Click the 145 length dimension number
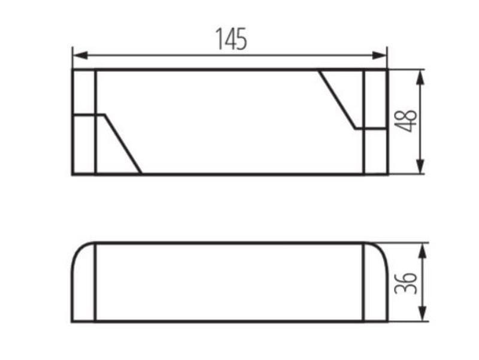231,39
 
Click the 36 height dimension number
405,283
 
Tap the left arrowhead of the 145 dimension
81,56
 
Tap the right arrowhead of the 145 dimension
379,56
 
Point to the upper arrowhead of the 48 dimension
421,78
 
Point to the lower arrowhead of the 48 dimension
421,167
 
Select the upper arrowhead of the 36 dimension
422,251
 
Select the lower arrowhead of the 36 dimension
422,313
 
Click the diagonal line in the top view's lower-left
123,144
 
